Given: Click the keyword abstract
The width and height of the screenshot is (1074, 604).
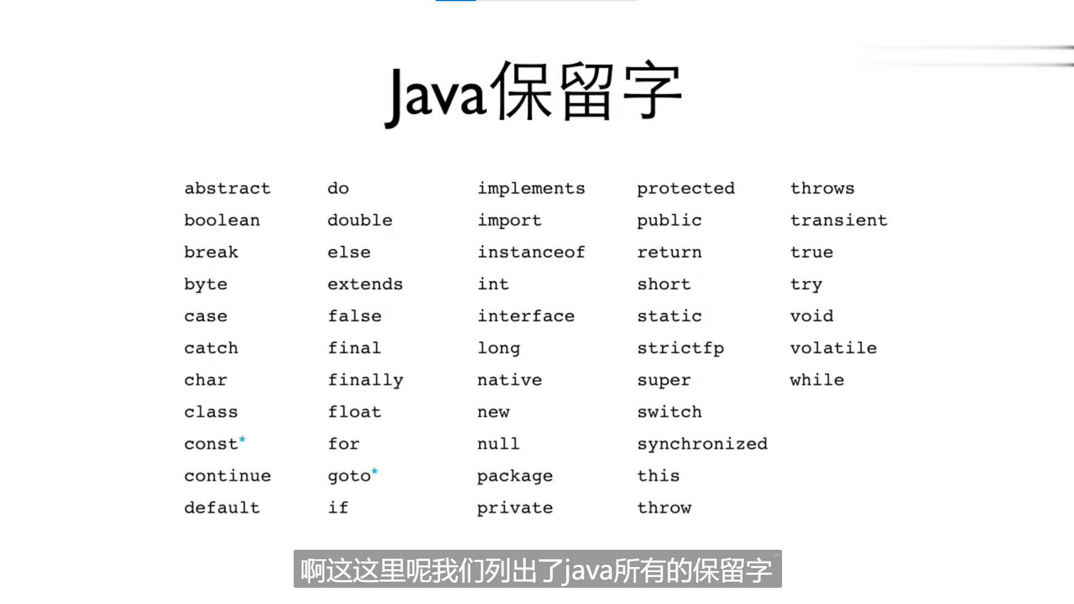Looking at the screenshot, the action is point(227,188).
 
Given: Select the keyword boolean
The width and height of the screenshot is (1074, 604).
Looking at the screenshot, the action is point(222,220).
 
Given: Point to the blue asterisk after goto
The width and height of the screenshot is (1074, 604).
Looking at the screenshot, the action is point(375,471).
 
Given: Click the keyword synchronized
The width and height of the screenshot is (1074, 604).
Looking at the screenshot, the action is point(702,444).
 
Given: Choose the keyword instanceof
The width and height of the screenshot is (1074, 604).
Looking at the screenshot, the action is point(531,252).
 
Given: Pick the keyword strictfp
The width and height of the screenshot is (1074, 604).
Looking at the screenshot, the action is point(680,348).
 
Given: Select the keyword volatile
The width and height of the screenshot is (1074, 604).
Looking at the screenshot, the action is point(833,348).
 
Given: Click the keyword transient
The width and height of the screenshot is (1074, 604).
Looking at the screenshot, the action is point(839,220).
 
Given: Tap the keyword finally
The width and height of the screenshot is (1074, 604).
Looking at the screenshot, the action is point(365,380).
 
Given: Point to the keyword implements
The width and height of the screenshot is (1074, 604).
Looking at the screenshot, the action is point(531,188).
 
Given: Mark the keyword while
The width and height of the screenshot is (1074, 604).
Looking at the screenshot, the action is point(817,380).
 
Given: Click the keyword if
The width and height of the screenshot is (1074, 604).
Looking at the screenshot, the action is point(338,508).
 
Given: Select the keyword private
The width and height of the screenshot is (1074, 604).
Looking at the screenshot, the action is point(515,508).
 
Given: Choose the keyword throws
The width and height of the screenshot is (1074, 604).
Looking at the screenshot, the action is point(822,188).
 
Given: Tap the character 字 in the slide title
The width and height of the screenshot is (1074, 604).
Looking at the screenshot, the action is point(652,91).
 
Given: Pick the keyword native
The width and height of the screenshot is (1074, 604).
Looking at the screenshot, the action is point(509,380).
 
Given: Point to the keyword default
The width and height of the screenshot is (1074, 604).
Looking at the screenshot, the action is point(222,508).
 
